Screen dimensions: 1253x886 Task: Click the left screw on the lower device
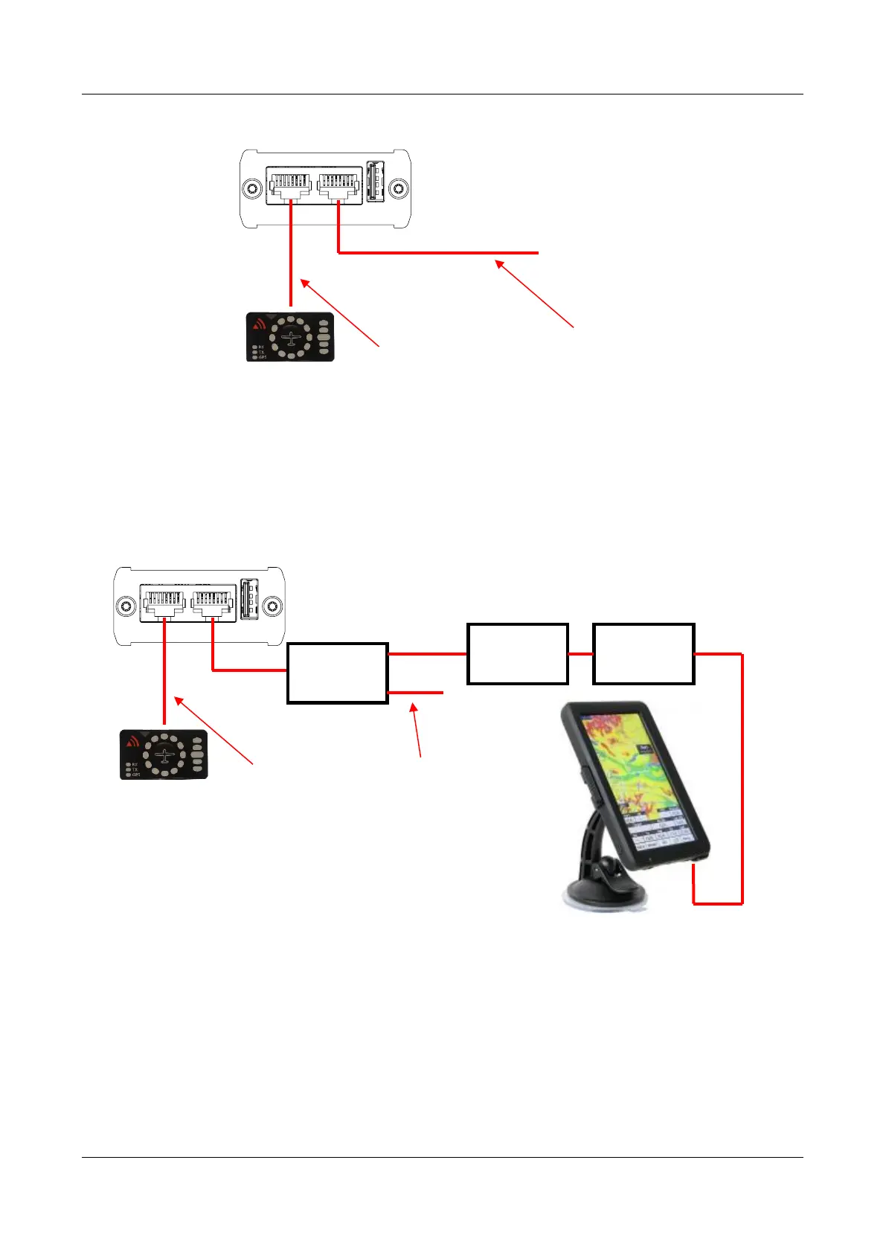point(128,605)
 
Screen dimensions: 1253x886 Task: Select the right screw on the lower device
point(273,605)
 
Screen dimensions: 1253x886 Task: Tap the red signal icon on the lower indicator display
point(133,740)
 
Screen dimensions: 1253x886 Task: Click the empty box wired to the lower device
point(338,673)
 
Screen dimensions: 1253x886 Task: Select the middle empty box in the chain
point(518,654)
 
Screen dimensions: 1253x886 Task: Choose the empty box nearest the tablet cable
point(643,654)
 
